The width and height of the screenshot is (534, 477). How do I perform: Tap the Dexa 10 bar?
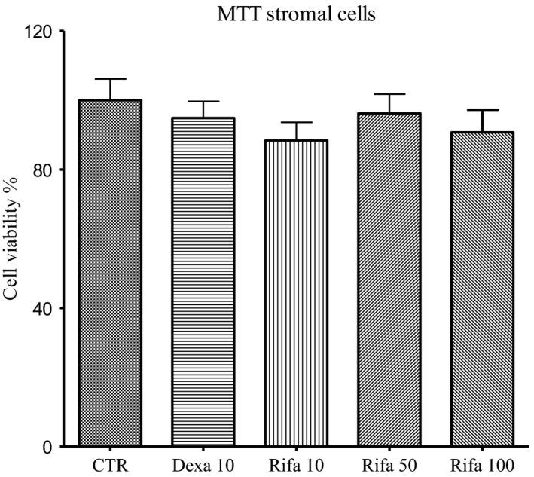(204, 282)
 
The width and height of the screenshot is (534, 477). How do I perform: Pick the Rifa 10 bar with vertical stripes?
(298, 293)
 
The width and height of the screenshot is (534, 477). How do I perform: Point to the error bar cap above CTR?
(110, 79)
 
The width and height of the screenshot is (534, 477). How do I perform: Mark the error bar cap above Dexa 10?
(204, 101)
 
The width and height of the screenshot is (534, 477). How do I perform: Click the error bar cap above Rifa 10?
(298, 122)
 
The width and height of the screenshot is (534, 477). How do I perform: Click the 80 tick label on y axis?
(45, 170)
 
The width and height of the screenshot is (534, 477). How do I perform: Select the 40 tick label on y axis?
(45, 308)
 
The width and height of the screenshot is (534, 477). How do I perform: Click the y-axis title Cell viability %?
(13, 240)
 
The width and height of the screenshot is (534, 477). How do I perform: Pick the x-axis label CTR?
(110, 466)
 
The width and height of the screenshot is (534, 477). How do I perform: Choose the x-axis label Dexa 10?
(204, 466)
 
